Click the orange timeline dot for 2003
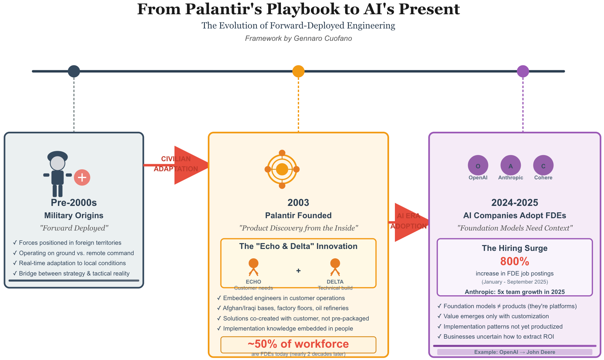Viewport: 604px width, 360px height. (x=298, y=71)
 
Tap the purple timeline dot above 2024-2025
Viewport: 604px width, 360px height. (x=523, y=71)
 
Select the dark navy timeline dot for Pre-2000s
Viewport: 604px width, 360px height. (x=74, y=71)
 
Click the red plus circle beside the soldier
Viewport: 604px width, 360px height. (x=82, y=177)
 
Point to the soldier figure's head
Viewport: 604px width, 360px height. (x=58, y=163)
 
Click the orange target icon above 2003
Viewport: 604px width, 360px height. (x=282, y=169)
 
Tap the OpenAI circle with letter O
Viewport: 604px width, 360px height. (x=478, y=165)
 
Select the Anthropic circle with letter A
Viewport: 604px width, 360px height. (x=510, y=165)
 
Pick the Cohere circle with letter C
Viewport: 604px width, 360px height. (x=543, y=165)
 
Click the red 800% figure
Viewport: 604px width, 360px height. (x=515, y=261)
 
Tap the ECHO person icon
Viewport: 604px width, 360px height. (x=253, y=267)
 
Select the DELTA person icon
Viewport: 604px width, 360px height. (x=335, y=267)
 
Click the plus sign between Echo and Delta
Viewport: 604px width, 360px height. (x=298, y=271)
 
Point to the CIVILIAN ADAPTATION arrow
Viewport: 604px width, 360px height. (x=176, y=165)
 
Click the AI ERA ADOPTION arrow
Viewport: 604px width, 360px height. (x=408, y=222)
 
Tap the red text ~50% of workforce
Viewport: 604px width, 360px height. (x=298, y=344)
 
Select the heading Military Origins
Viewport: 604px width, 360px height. (x=74, y=216)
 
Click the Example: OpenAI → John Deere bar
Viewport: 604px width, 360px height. (x=515, y=352)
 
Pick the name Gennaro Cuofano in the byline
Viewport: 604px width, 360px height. (x=323, y=39)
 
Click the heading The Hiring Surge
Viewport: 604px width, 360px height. (x=515, y=248)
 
